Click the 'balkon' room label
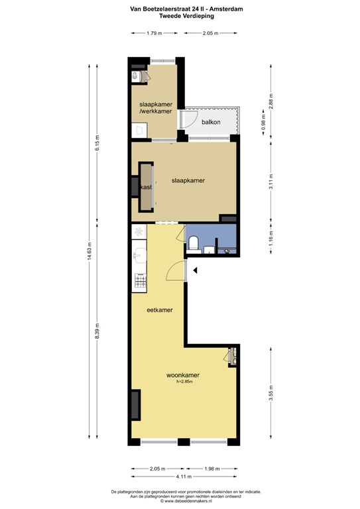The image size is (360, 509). (211, 122)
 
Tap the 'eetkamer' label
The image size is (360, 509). (160, 310)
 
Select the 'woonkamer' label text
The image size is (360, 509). (183, 375)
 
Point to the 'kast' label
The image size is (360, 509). (147, 187)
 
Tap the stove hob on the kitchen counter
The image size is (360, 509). (139, 282)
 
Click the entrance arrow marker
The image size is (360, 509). (195, 269)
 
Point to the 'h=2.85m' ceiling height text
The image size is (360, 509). (184, 382)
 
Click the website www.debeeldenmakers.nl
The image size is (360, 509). (180, 500)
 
